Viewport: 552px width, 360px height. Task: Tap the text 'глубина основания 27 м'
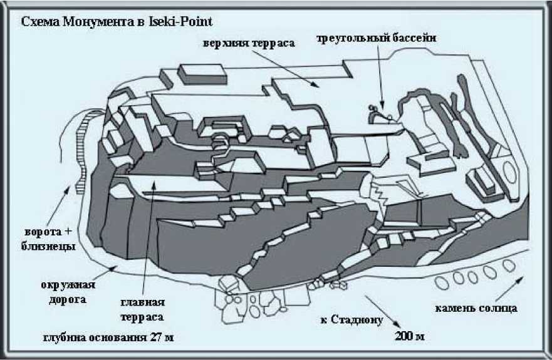pos(107,337)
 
